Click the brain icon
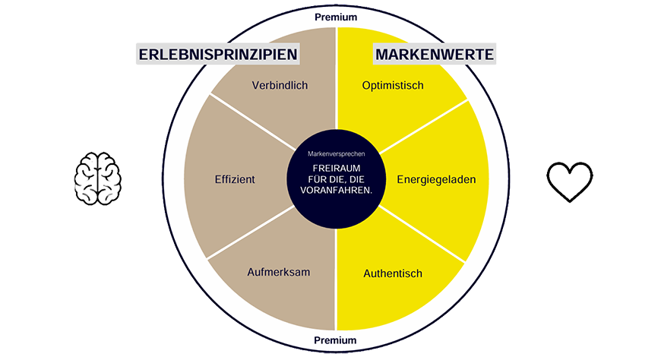[98, 178]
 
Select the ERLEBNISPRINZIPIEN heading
[218, 55]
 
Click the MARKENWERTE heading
[434, 55]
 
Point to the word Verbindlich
[280, 86]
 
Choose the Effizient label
[235, 179]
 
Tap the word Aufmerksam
[279, 273]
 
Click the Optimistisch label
[393, 86]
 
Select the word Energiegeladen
[436, 180]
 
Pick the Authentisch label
[393, 273]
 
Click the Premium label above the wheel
[336, 17]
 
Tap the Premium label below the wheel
[335, 340]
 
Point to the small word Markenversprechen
[337, 154]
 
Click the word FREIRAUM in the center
[337, 168]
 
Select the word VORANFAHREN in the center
[337, 190]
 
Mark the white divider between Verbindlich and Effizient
[252, 122]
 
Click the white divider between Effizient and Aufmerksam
[251, 232]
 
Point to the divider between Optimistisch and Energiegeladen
[423, 126]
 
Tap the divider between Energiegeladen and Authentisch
[422, 235]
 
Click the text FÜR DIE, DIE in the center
[337, 179]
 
